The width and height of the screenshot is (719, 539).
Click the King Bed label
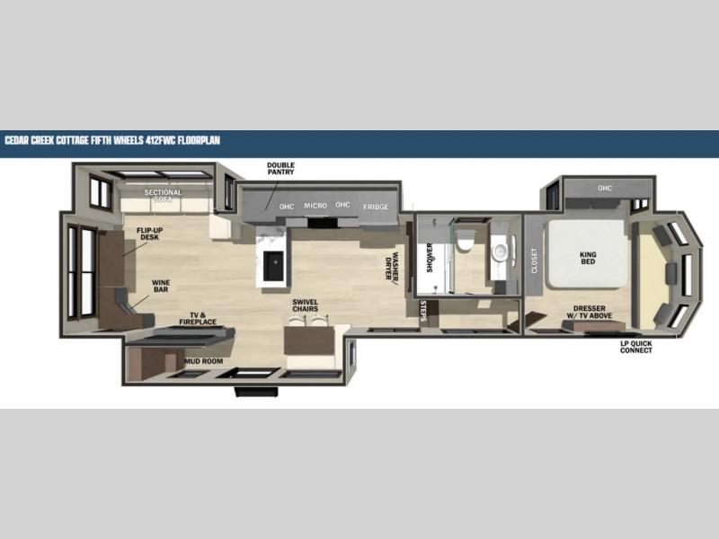[588, 258]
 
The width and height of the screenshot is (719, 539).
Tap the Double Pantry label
[280, 168]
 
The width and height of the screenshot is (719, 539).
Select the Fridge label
[376, 207]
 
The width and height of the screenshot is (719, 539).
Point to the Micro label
[315, 206]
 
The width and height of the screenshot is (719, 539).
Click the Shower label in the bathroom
[430, 258]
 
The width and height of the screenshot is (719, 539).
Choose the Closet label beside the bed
[534, 261]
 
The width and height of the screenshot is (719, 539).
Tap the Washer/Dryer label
[392, 266]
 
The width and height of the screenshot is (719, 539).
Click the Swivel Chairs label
[306, 305]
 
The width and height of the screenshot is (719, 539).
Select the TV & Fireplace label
[198, 319]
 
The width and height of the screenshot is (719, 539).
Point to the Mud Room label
[204, 361]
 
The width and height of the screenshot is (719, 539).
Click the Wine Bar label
[161, 286]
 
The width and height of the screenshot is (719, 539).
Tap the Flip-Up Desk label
[149, 234]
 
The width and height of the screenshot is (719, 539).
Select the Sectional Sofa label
[164, 196]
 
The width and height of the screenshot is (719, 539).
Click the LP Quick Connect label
[636, 347]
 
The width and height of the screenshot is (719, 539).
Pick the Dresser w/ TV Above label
[590, 312]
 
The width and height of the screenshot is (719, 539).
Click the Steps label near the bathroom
[423, 311]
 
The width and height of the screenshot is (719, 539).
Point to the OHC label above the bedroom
[605, 188]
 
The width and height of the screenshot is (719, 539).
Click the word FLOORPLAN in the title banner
[199, 140]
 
